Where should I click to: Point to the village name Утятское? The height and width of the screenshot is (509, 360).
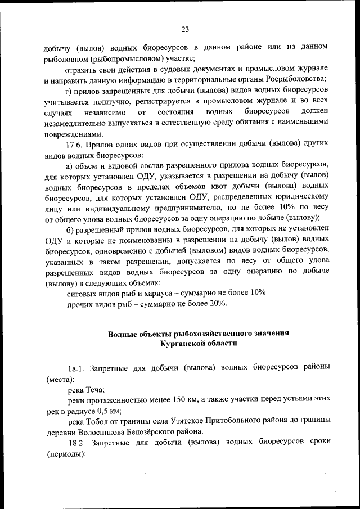(195, 421)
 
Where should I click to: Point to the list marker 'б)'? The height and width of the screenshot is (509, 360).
(70, 228)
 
